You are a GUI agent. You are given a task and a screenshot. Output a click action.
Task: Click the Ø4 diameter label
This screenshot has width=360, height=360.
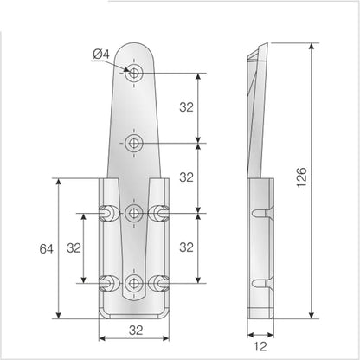(x=101, y=54)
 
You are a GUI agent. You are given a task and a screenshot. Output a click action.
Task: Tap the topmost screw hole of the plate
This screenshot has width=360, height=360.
(x=133, y=73)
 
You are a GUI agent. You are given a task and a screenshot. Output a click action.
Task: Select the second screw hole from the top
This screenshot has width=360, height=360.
(x=133, y=143)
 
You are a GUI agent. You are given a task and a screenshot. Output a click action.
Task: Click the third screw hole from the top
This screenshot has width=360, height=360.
(x=133, y=214)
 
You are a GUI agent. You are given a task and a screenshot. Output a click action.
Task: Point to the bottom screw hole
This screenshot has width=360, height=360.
(x=133, y=283)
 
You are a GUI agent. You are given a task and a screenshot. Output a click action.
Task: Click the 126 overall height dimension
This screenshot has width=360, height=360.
(x=302, y=177)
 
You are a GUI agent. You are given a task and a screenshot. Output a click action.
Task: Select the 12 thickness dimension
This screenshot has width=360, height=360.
(x=260, y=346)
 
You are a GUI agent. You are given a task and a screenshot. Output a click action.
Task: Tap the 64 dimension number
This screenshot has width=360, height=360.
(x=47, y=248)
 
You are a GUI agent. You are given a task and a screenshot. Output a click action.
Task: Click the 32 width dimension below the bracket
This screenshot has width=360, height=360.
(x=136, y=331)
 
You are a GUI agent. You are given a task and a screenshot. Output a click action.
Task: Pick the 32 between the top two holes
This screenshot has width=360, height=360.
(x=186, y=107)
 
